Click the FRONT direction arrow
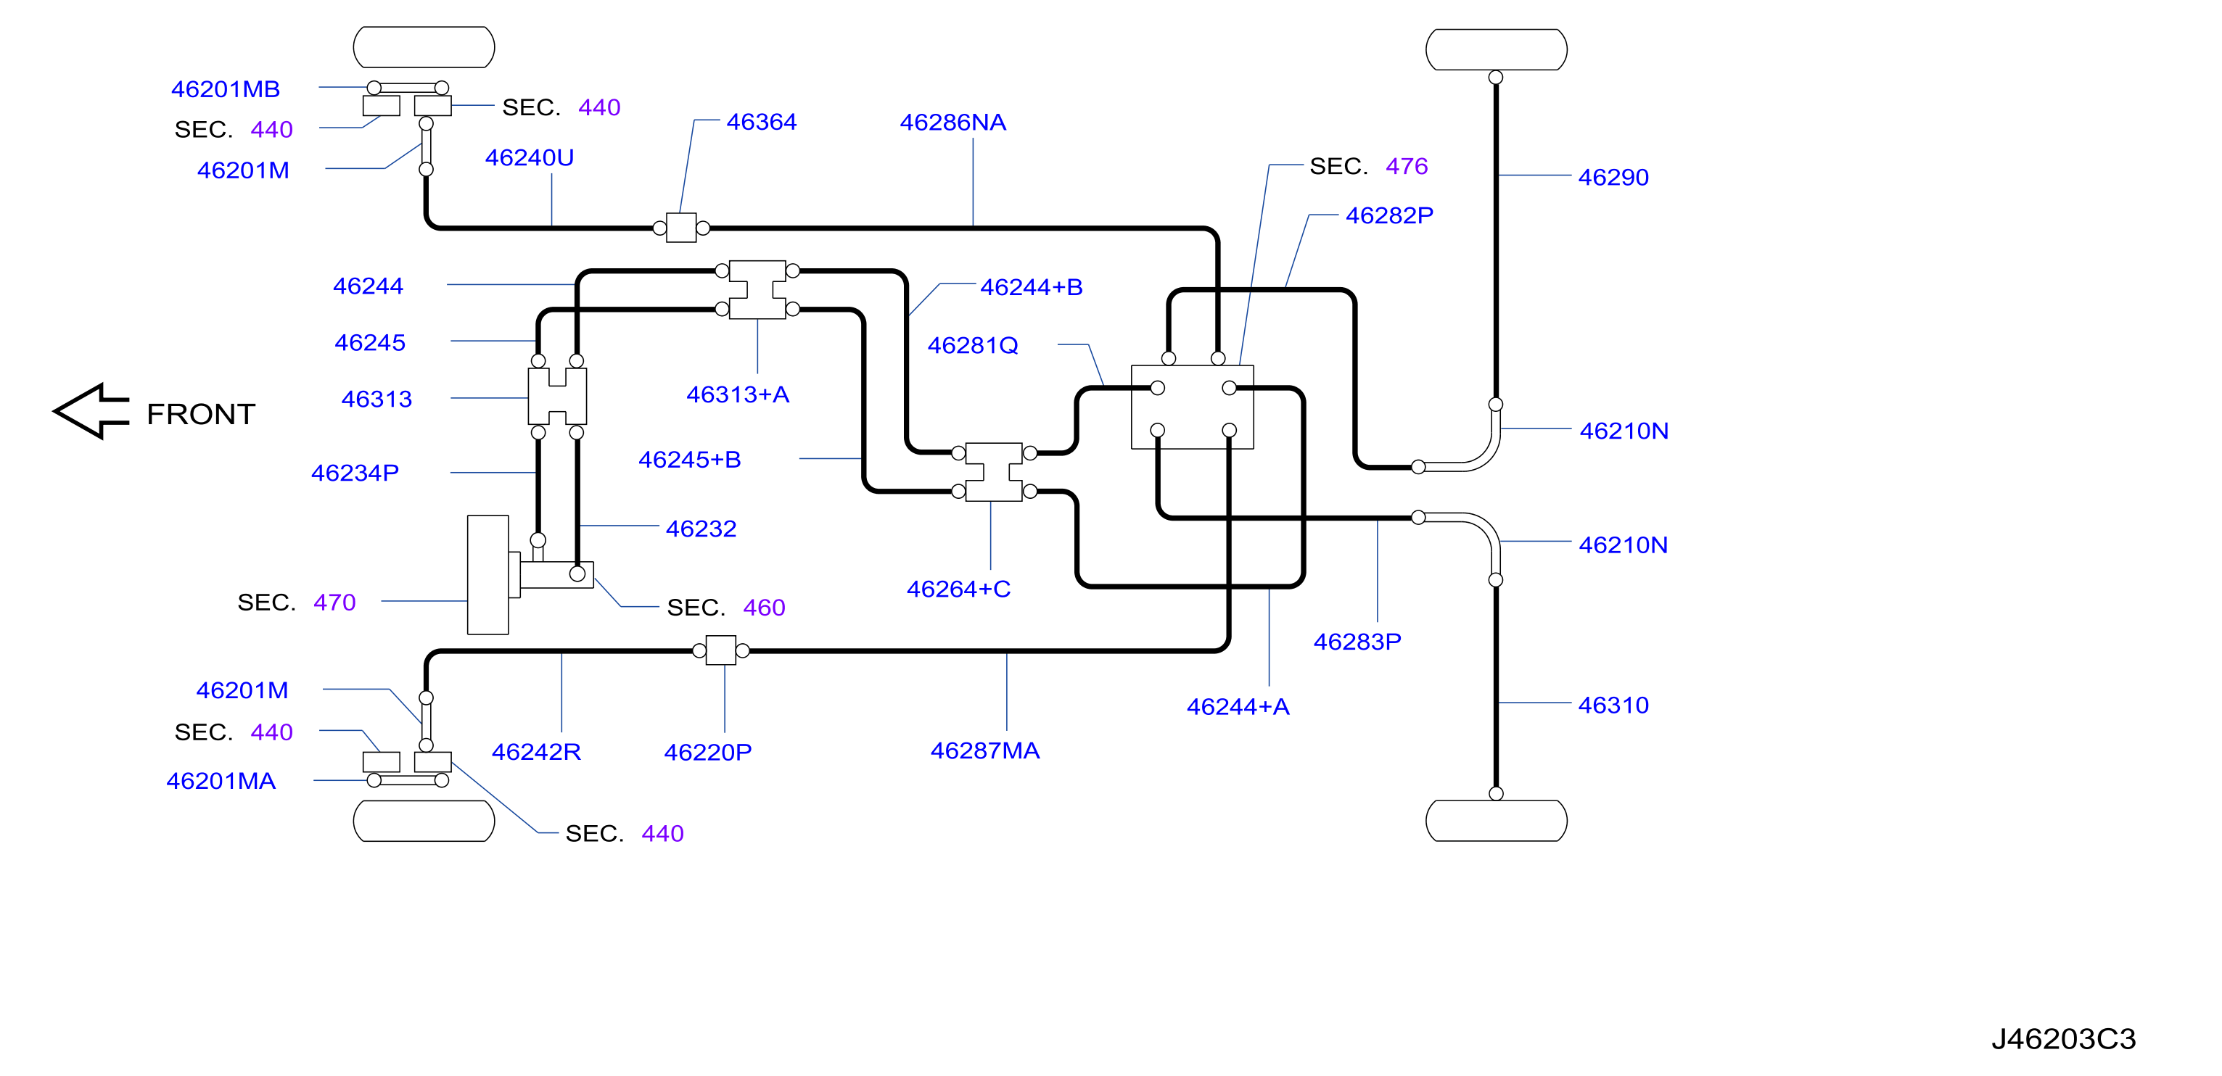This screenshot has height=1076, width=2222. [x=91, y=411]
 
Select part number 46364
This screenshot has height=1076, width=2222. [x=761, y=123]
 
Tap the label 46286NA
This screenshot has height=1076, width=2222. [x=952, y=123]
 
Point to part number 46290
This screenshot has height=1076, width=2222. [x=1613, y=178]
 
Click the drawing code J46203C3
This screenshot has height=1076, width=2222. [x=2063, y=1039]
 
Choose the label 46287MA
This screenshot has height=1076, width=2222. [x=985, y=751]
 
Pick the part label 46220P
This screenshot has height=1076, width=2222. [x=707, y=753]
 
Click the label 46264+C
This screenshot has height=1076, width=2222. [x=958, y=589]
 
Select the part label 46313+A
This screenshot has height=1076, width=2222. [x=738, y=395]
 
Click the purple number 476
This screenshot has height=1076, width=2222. [x=1407, y=166]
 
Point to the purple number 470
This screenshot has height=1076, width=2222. [x=334, y=603]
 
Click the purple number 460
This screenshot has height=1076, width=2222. [x=765, y=608]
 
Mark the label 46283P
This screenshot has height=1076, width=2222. [x=1357, y=642]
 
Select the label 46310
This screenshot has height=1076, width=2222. [x=1613, y=706]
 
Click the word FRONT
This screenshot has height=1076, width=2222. [x=201, y=415]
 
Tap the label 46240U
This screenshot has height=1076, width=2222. [x=529, y=159]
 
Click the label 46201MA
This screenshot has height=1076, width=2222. [x=221, y=781]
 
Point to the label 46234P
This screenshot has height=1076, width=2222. [x=355, y=473]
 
